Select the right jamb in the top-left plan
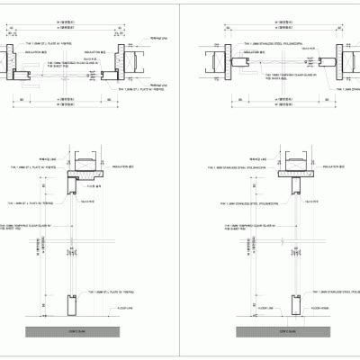click(125, 63)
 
